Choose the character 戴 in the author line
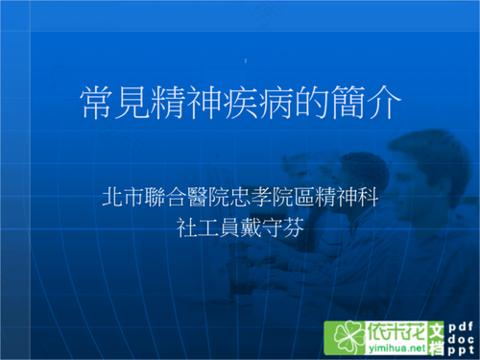(x=252, y=228)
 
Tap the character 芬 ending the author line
(x=297, y=228)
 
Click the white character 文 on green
(x=436, y=329)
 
